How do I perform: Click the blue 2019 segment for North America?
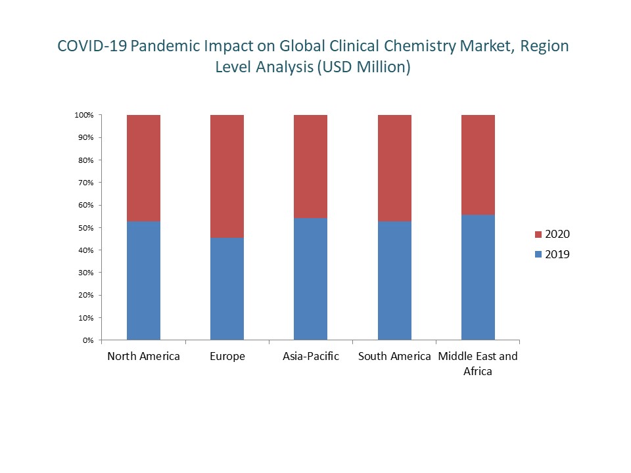(x=143, y=281)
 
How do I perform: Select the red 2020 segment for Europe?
(x=227, y=176)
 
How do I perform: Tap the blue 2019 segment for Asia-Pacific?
(x=310, y=279)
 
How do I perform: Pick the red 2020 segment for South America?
(x=394, y=168)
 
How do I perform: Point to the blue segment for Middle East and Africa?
(x=478, y=277)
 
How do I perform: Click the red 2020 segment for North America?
(x=143, y=168)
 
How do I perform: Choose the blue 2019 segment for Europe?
(x=227, y=289)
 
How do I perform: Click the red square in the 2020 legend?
(x=539, y=235)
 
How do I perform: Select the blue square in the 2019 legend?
(x=539, y=255)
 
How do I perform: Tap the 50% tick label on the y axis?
(x=85, y=228)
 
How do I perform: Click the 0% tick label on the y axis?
(x=88, y=340)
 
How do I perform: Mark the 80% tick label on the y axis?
(x=85, y=160)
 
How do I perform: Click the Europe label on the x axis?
(x=227, y=357)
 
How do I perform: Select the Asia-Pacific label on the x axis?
(x=310, y=357)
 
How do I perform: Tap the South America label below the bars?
(x=394, y=357)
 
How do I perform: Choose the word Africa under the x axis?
(x=478, y=371)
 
